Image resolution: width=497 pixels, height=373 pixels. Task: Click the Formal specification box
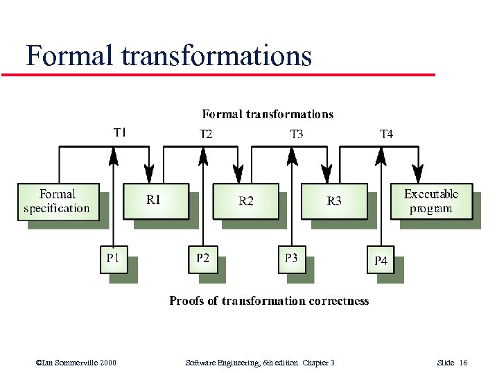click(x=56, y=202)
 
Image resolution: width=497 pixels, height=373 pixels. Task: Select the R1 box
click(x=155, y=201)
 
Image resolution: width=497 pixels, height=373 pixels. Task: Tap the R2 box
click(x=245, y=201)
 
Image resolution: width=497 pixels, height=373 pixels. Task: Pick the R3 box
click(x=334, y=201)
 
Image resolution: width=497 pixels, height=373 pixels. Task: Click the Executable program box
click(x=430, y=202)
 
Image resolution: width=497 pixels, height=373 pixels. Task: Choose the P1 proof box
click(x=114, y=259)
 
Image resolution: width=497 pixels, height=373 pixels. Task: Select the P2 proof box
click(x=202, y=259)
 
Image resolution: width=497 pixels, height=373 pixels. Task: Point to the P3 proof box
click(x=291, y=259)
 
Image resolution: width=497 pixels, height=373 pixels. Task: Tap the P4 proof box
click(x=381, y=261)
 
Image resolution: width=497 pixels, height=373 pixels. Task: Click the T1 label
click(x=120, y=132)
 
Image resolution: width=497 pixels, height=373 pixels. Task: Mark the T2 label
click(x=206, y=134)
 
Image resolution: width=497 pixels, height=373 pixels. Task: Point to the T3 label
click(x=296, y=134)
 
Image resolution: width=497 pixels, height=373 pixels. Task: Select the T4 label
click(x=386, y=134)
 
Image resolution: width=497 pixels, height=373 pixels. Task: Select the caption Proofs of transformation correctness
click(x=269, y=301)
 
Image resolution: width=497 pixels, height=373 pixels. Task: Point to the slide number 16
click(x=463, y=363)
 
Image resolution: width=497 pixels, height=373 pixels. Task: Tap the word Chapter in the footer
click(x=315, y=363)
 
